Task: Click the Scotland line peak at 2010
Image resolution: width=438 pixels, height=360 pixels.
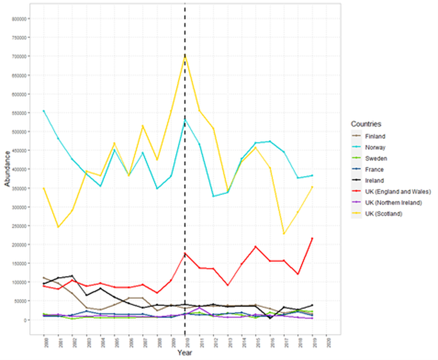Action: pyautogui.click(x=185, y=55)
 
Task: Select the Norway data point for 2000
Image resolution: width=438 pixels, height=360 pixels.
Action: pyautogui.click(x=44, y=111)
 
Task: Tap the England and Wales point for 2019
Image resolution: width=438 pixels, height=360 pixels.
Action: pyautogui.click(x=312, y=238)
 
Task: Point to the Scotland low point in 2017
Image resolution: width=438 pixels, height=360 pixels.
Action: pyautogui.click(x=284, y=234)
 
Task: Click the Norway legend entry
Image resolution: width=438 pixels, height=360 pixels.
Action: pyautogui.click(x=375, y=147)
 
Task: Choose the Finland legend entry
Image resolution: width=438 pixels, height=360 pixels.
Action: pyautogui.click(x=375, y=137)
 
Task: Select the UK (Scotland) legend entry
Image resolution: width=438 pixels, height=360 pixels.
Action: pyautogui.click(x=383, y=214)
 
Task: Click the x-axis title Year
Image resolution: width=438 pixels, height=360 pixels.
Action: pyautogui.click(x=185, y=352)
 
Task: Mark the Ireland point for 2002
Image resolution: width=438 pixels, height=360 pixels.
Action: pyautogui.click(x=72, y=276)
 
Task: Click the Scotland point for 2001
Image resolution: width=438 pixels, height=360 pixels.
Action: pyautogui.click(x=58, y=227)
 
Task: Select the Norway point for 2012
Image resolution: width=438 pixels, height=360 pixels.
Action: pyautogui.click(x=213, y=196)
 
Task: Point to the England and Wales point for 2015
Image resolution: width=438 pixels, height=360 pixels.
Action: pyautogui.click(x=256, y=247)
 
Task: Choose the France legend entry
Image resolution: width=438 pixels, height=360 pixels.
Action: pyautogui.click(x=375, y=170)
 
